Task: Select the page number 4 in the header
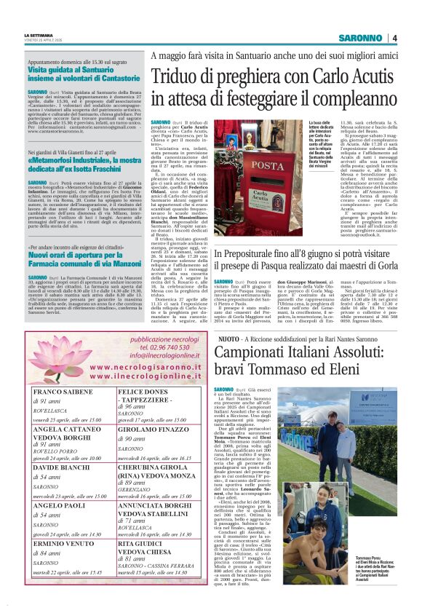394,38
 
